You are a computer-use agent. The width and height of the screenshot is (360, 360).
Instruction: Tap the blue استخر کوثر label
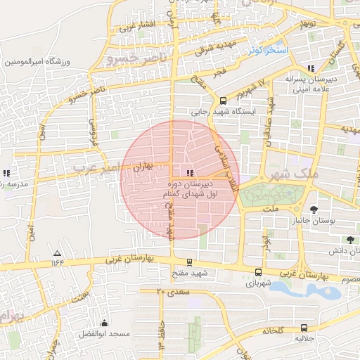click(268, 51)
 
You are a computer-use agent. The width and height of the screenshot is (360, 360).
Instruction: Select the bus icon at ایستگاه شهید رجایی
click(224, 101)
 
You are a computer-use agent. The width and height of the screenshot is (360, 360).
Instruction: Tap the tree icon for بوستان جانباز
click(313, 209)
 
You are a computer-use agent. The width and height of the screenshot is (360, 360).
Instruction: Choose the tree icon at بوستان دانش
click(350, 239)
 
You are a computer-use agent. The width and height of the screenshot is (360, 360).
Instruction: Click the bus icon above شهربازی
click(259, 273)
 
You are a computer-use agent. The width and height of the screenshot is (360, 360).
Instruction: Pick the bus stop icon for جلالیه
click(304, 328)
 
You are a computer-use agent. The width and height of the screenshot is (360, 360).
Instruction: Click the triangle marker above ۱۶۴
click(58, 253)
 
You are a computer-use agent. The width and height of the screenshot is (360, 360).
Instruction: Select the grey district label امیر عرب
click(98, 168)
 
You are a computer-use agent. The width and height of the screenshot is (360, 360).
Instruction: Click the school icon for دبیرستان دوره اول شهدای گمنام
click(189, 173)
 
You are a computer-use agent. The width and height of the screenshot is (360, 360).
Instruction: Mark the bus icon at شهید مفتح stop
click(189, 262)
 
